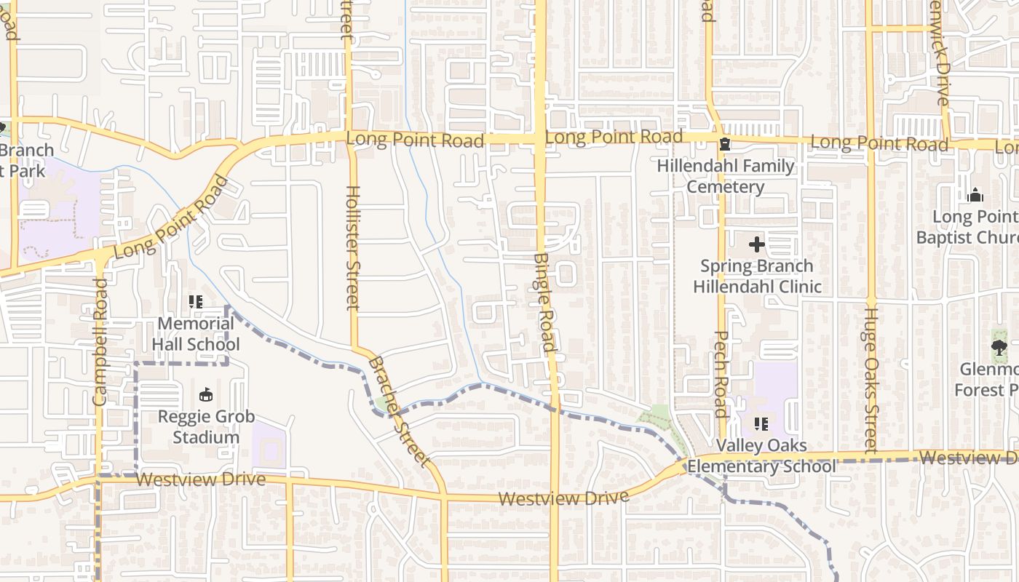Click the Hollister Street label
[x=352, y=248]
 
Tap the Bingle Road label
[x=544, y=302]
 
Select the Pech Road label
[x=721, y=374]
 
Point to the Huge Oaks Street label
[x=870, y=380]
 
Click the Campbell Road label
[x=100, y=341]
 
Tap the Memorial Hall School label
[x=196, y=333]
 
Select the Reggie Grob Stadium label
[x=207, y=427]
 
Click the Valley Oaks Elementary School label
[x=761, y=455]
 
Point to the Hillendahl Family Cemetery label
[x=726, y=176]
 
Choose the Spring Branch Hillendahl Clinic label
[x=757, y=276]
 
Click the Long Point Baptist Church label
[x=968, y=227]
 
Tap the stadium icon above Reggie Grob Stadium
[x=206, y=395]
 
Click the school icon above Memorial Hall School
[x=195, y=301]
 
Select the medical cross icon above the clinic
[x=757, y=244]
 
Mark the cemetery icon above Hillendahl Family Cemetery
[x=724, y=145]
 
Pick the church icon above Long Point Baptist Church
[x=975, y=195]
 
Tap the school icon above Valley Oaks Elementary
[x=761, y=423]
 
